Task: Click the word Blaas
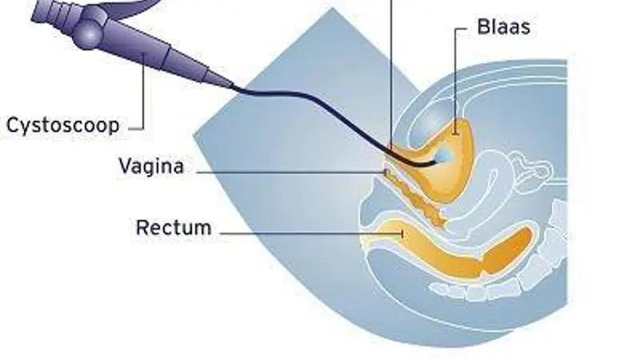503,27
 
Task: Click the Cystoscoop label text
62,125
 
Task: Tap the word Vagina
151,166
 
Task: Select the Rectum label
174,227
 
